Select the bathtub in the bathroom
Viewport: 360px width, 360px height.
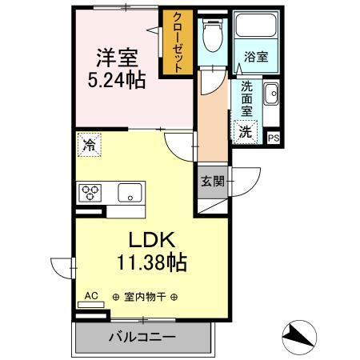pyautogui.click(x=256, y=30)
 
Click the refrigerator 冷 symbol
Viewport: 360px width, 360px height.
pyautogui.click(x=87, y=145)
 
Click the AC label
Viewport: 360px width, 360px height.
pyautogui.click(x=91, y=296)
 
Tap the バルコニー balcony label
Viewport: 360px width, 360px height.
pyautogui.click(x=142, y=336)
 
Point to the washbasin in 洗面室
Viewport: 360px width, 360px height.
pyautogui.click(x=270, y=94)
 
